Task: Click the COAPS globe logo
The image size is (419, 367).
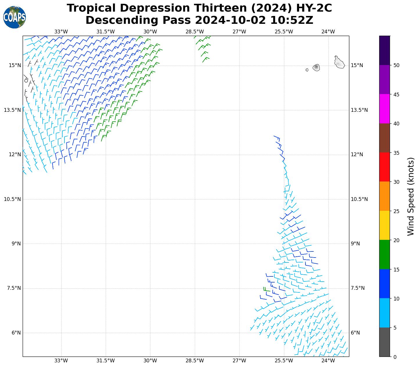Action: coord(15,17)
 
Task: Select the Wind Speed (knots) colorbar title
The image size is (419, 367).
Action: coord(411,197)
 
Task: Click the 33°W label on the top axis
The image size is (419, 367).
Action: coord(61,32)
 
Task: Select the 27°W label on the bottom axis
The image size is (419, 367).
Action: coord(239,361)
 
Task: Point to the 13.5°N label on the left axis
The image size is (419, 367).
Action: coord(12,110)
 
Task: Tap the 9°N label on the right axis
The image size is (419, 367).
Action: coord(355,244)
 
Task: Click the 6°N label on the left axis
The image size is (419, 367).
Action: coord(16,333)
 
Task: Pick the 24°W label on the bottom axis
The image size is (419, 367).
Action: coord(328,361)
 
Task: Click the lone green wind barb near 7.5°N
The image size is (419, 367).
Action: coord(266,289)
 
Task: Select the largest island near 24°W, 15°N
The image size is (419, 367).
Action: coord(339,62)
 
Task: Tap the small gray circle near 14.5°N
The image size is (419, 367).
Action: coord(26,80)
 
